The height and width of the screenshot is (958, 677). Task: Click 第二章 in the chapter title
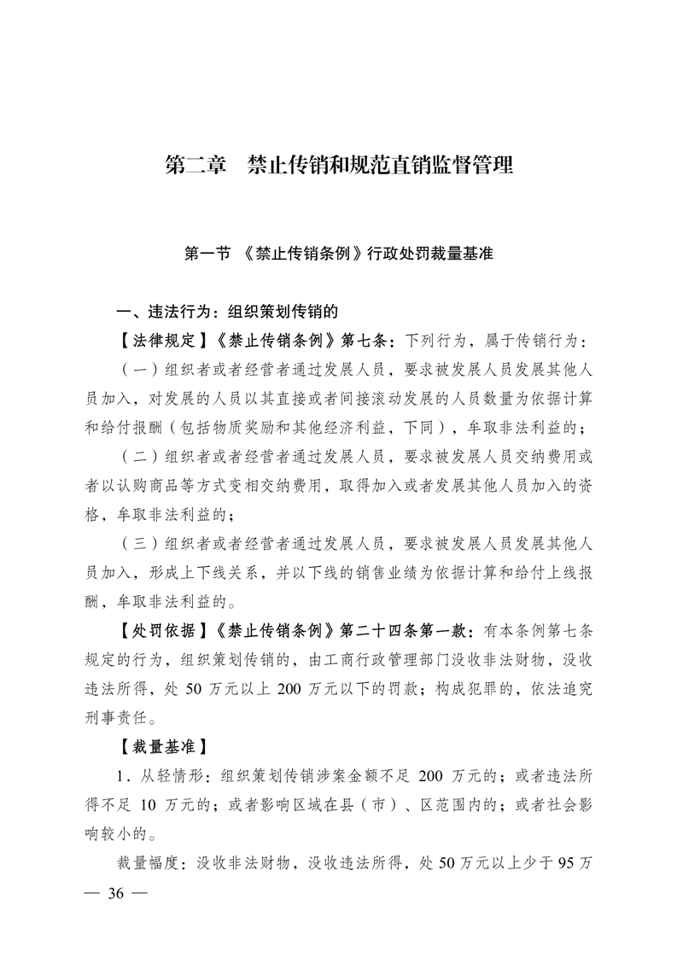click(x=194, y=165)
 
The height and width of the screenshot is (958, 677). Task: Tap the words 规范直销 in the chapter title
click(x=399, y=165)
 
